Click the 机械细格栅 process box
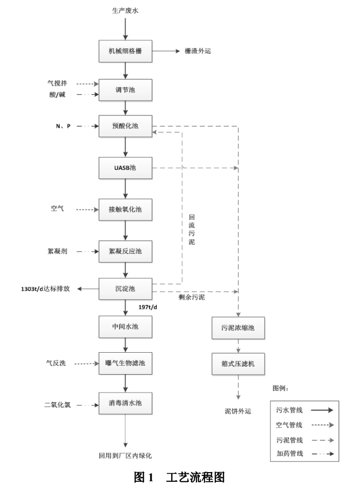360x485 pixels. pyautogui.click(x=125, y=52)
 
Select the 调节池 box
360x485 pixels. pyautogui.click(x=125, y=89)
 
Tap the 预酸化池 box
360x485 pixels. pyautogui.click(x=125, y=126)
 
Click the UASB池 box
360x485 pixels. pyautogui.click(x=125, y=168)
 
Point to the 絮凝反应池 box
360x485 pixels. pyautogui.click(x=125, y=250)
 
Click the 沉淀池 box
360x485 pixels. pyautogui.click(x=125, y=289)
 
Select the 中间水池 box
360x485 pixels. pyautogui.click(x=125, y=327)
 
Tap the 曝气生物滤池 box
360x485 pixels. pyautogui.click(x=125, y=363)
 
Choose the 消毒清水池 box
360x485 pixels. pyautogui.click(x=125, y=403)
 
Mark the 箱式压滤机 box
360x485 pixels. pyautogui.click(x=238, y=364)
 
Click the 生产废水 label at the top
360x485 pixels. pyautogui.click(x=125, y=10)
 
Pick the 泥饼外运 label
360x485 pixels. pyautogui.click(x=238, y=411)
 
